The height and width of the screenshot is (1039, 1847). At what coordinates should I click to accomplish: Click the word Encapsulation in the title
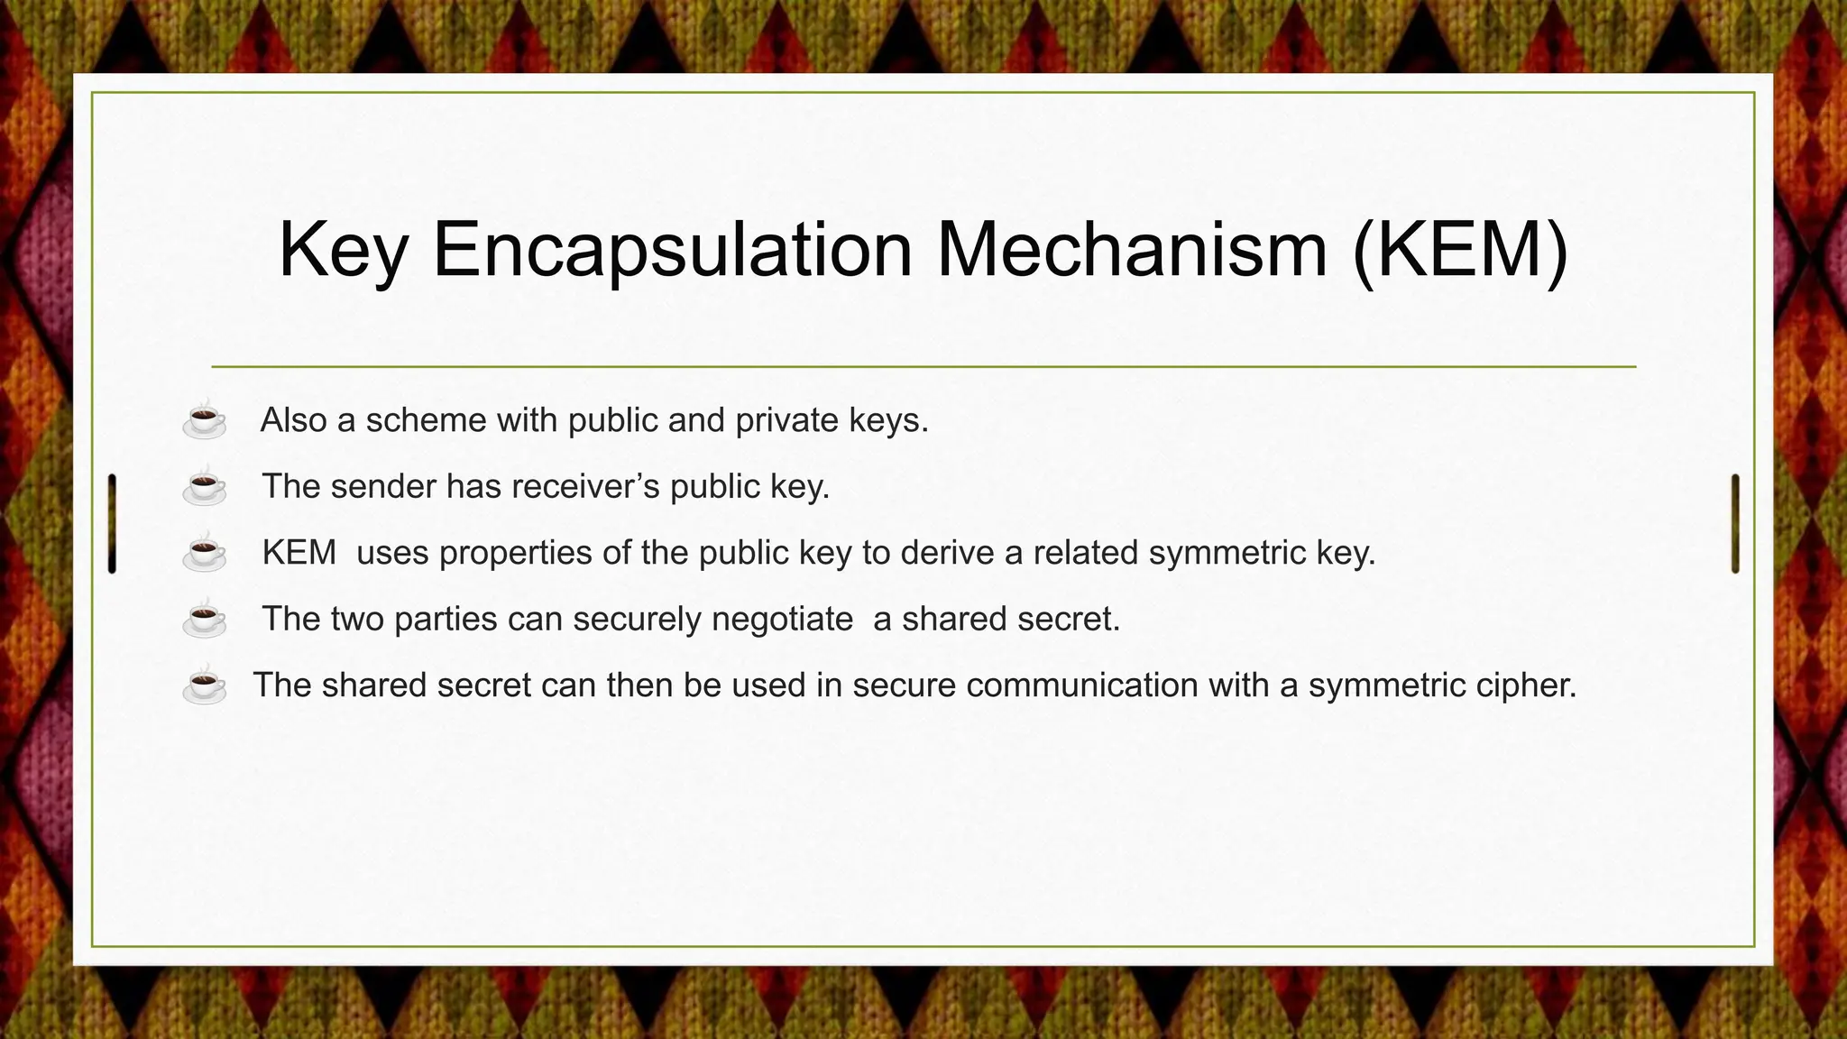click(x=672, y=250)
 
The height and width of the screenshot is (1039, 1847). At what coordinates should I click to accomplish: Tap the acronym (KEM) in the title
click(x=1460, y=250)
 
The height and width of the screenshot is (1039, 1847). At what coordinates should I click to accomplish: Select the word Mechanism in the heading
click(x=1132, y=250)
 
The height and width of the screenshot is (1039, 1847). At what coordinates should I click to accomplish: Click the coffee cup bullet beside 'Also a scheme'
click(x=205, y=420)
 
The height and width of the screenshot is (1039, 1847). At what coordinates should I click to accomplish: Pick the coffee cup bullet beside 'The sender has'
click(x=205, y=487)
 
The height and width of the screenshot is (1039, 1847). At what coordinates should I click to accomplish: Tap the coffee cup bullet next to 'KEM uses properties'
click(x=205, y=553)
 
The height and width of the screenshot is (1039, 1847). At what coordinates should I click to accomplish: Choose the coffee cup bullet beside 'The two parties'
click(x=205, y=619)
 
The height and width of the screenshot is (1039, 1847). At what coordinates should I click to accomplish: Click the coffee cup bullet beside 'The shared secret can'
click(x=205, y=685)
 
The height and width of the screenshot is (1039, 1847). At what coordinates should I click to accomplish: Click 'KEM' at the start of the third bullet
click(x=299, y=553)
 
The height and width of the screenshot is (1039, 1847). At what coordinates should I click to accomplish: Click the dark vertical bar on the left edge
click(x=112, y=523)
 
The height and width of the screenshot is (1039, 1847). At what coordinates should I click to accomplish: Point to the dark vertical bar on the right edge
click(x=1735, y=523)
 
